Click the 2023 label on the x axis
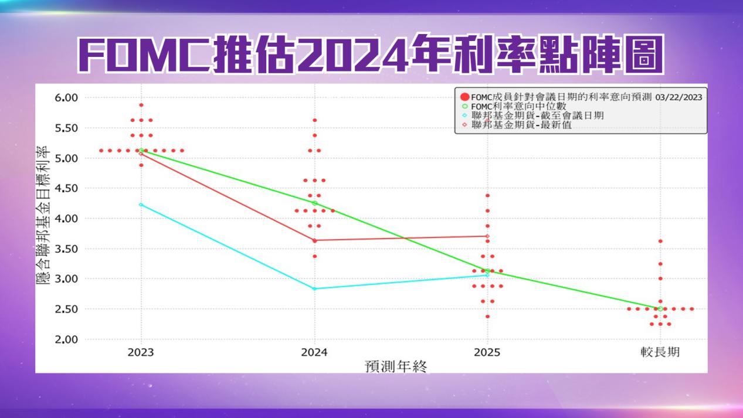click(141, 352)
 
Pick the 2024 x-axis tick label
click(314, 352)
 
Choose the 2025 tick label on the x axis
click(487, 352)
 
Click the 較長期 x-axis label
click(660, 352)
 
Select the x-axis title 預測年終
click(396, 366)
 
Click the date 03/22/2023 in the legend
click(679, 97)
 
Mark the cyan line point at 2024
click(314, 288)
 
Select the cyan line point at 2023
click(141, 205)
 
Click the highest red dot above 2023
click(141, 105)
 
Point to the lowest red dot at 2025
click(487, 317)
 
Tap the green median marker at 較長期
click(660, 309)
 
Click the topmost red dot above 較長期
click(660, 241)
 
